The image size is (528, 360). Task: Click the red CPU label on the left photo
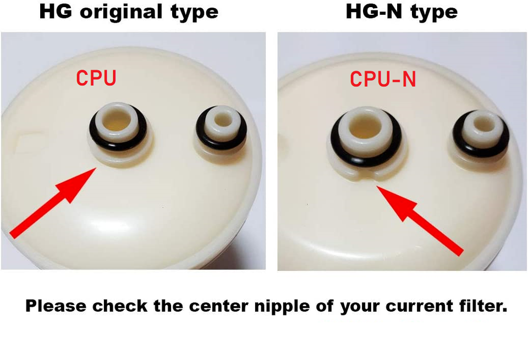96,77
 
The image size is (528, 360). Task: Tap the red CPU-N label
383,79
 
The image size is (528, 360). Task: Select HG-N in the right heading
375,12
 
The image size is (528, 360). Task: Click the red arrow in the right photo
420,221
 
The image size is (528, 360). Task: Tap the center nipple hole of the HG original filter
117,121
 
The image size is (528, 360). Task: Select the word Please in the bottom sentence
56,306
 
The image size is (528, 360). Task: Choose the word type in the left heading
194,13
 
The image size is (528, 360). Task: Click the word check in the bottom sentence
120,306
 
